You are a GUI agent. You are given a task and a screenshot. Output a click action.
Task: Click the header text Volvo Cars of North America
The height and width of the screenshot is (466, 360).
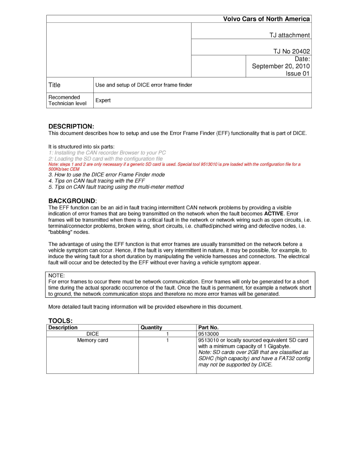(266, 19)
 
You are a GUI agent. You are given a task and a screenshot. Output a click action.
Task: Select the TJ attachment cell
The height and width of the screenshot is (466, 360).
(289, 35)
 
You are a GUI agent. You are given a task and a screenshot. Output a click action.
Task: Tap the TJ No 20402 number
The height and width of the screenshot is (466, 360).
(291, 51)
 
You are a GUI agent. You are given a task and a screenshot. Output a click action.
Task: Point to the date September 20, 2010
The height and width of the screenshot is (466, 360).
(280, 66)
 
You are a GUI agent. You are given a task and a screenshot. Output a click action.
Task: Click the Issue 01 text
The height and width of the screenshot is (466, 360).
(297, 74)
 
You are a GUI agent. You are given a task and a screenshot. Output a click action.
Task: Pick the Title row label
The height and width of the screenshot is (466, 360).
(55, 85)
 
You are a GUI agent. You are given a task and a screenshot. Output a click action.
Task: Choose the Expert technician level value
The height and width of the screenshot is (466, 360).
(103, 100)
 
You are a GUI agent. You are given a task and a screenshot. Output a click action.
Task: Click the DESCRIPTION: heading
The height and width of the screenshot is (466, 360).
(71, 126)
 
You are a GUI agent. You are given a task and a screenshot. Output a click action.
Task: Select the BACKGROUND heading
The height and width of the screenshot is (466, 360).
(72, 201)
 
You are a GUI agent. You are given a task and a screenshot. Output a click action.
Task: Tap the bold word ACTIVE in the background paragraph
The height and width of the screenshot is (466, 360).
(274, 214)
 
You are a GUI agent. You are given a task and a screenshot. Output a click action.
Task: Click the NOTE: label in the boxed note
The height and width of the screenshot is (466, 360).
(56, 276)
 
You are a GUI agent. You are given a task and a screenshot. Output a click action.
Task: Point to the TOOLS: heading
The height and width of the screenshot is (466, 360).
(60, 321)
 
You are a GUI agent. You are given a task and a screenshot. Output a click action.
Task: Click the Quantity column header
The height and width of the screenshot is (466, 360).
(151, 328)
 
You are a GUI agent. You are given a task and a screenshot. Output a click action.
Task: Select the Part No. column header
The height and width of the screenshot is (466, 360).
(209, 328)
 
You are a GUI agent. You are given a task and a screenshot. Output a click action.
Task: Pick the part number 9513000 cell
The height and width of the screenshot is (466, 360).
(209, 334)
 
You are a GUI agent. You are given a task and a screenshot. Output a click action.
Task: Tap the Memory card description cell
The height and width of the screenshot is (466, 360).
(93, 340)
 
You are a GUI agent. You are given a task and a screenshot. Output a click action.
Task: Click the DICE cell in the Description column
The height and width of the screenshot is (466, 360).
(93, 334)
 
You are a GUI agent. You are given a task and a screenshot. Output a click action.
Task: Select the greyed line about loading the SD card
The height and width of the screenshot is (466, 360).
(105, 159)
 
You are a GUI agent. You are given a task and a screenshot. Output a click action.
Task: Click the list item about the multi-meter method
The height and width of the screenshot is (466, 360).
(116, 187)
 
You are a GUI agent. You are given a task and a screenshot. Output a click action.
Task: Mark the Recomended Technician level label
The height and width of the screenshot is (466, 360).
(67, 100)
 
